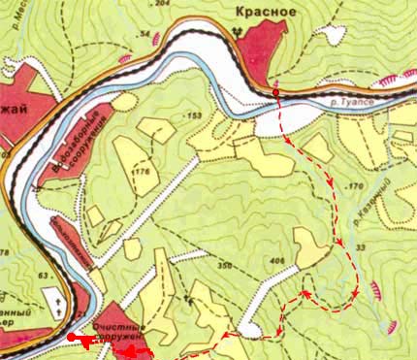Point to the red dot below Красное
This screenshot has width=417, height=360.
(x=276, y=92)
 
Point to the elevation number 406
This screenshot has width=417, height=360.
(x=277, y=260)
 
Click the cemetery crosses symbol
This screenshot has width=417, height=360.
(x=60, y=303)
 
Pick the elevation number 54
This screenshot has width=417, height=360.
(x=146, y=35)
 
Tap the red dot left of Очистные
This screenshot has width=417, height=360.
(x=71, y=338)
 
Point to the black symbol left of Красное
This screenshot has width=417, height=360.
(x=239, y=30)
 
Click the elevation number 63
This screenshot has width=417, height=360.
(x=44, y=277)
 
